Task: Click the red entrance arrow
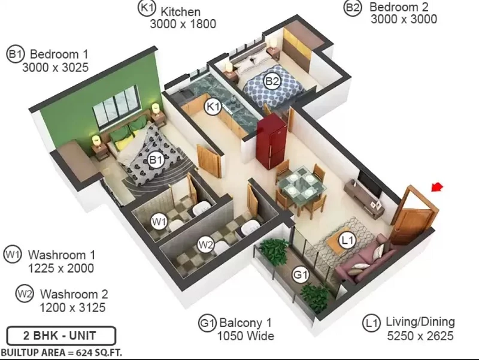pos(437,186)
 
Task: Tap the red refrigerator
pos(272,141)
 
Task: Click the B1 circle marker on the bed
pos(156,159)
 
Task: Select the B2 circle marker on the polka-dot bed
pos(272,81)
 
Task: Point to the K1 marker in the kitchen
pos(213,107)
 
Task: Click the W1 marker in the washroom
pos(159,221)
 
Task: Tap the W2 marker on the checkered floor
pos(205,244)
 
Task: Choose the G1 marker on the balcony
pos(301,275)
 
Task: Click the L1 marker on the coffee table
pos(347,240)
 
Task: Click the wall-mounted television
pos(370,183)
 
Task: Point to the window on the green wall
pos(116,105)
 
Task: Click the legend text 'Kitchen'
pos(181,12)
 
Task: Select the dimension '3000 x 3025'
pos(55,67)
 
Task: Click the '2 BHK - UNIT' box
pos(61,335)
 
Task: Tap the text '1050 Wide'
pos(245,336)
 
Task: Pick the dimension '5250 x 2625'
pos(420,336)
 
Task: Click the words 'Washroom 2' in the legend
pos(74,294)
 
